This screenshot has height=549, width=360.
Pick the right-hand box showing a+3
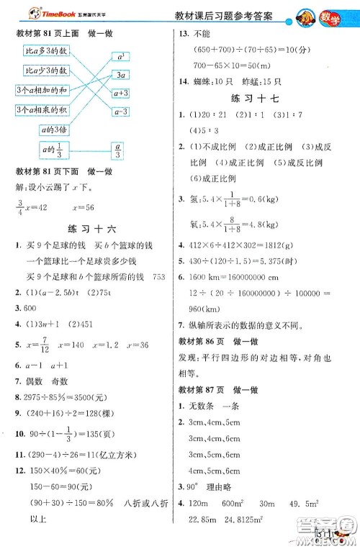pos(121,93)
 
